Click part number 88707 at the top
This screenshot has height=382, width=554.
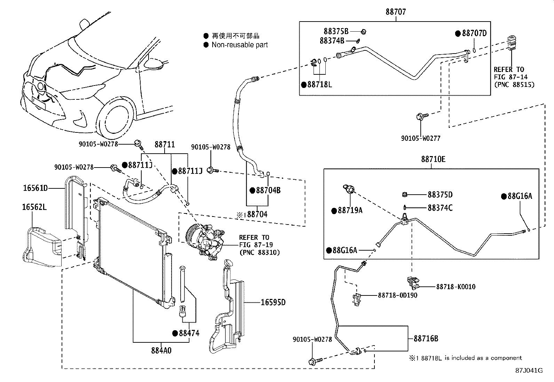click(x=396, y=12)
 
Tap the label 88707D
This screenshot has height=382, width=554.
click(x=474, y=33)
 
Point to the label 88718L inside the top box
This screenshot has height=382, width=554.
click(x=319, y=84)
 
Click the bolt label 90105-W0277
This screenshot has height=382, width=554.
click(x=421, y=138)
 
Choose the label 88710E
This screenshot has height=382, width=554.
click(x=433, y=159)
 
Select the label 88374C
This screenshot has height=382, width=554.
click(x=440, y=208)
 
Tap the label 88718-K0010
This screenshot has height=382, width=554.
click(x=456, y=287)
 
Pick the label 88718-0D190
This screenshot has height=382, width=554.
click(x=397, y=295)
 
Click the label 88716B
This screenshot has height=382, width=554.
click(x=426, y=338)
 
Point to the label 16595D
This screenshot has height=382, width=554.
click(x=273, y=302)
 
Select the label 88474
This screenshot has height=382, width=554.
click(x=189, y=333)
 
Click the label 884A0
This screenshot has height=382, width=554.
click(x=161, y=350)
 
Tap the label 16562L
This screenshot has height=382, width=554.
click(x=34, y=208)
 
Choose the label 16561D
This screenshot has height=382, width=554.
click(x=35, y=188)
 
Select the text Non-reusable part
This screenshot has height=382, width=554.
click(x=240, y=44)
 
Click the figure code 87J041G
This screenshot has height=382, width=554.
click(x=529, y=371)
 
